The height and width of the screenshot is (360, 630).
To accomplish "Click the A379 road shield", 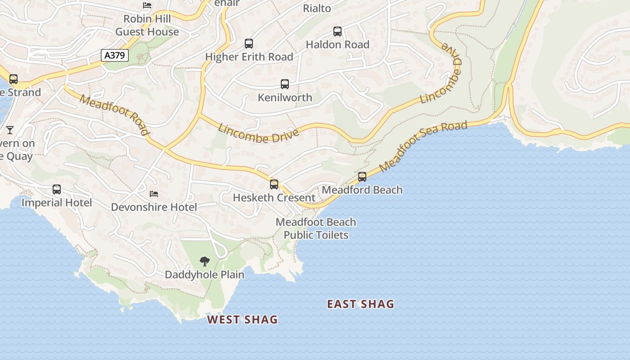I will [x=115, y=55].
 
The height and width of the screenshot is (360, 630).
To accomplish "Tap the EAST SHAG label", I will [x=360, y=304].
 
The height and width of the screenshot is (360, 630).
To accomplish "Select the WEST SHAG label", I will [x=242, y=319].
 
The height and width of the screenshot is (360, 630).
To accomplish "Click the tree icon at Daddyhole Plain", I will [x=205, y=261].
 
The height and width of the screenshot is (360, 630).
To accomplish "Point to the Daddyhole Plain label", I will [x=205, y=274].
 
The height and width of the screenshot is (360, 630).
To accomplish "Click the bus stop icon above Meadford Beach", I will [x=362, y=177].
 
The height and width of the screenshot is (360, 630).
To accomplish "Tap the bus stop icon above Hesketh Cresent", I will [x=274, y=184].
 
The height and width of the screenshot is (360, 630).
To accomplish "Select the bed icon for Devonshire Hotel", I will [x=154, y=194].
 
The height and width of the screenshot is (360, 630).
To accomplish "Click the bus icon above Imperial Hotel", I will [x=57, y=189].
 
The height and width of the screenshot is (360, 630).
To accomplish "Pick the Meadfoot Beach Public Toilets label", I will [x=316, y=229].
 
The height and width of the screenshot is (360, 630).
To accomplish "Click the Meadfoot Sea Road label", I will [x=423, y=146].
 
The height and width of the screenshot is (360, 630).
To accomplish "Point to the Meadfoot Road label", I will [x=114, y=114].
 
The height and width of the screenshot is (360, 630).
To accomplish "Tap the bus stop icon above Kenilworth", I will [x=285, y=84].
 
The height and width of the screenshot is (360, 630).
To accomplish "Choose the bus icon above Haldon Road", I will [x=337, y=31].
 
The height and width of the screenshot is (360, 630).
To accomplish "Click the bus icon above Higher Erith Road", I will [x=249, y=44].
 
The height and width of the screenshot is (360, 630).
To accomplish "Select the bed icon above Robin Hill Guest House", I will [x=147, y=5].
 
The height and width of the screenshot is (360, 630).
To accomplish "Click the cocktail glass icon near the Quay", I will [x=10, y=130].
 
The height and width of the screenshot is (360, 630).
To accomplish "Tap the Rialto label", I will [x=317, y=8].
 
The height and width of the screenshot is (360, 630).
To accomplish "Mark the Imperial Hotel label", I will [x=57, y=202].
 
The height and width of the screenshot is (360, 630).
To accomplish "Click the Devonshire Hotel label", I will [x=154, y=207].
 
